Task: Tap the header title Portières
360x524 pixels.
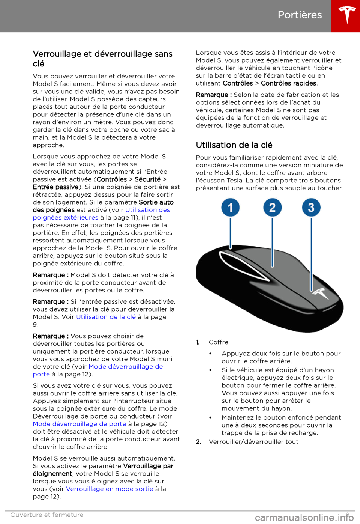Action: (x=300, y=15)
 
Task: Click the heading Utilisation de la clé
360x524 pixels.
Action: (x=234, y=145)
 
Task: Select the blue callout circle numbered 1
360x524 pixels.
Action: (x=230, y=208)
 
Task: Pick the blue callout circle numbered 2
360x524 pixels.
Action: (x=272, y=208)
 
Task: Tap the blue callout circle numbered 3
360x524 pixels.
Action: (x=311, y=208)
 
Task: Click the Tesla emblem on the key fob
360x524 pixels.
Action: (x=320, y=293)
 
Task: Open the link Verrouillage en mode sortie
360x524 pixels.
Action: (x=109, y=489)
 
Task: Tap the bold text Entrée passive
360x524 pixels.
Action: (x=55, y=187)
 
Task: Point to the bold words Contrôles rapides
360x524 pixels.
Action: (x=288, y=83)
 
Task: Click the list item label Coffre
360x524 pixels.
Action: (x=219, y=342)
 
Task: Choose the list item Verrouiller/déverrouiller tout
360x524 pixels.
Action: (x=253, y=442)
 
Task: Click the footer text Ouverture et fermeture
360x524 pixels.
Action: (x=47, y=515)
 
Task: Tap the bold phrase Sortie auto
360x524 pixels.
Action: (x=156, y=202)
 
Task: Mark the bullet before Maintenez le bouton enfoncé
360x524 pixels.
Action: (x=211, y=418)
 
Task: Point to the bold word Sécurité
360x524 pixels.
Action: (x=147, y=179)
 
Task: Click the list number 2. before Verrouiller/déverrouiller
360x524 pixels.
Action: (x=198, y=442)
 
